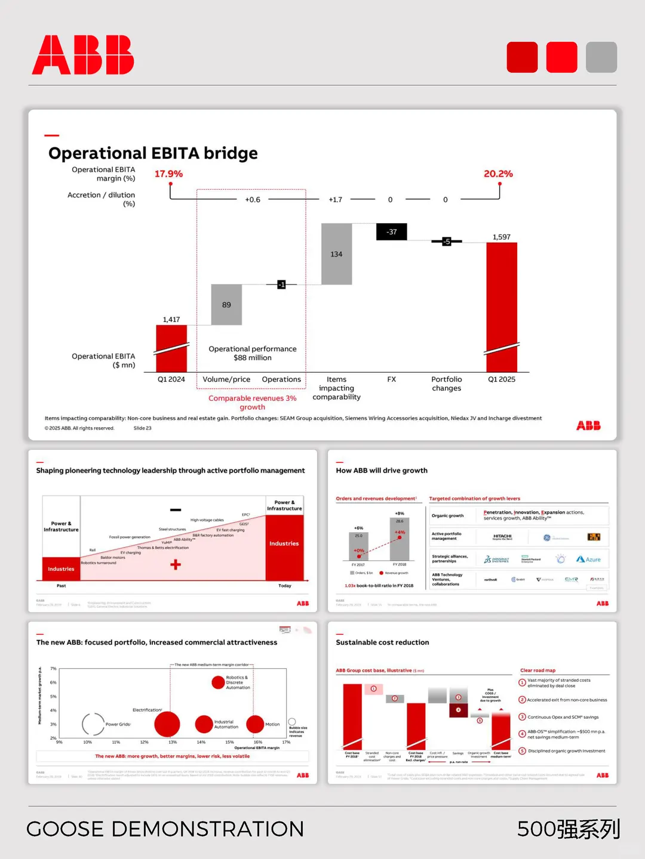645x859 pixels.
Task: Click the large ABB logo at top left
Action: pyautogui.click(x=83, y=55)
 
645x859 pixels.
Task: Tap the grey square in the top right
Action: pyautogui.click(x=601, y=57)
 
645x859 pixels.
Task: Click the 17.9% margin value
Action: pyautogui.click(x=168, y=174)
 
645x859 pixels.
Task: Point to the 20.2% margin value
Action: pyautogui.click(x=498, y=174)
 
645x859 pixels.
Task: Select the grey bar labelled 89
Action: pyautogui.click(x=226, y=305)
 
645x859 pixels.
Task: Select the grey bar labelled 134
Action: pyautogui.click(x=336, y=254)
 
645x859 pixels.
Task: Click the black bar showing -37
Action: pyautogui.click(x=391, y=231)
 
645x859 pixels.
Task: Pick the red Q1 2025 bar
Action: pyautogui.click(x=502, y=307)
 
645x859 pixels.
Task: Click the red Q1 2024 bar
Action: pyautogui.click(x=171, y=348)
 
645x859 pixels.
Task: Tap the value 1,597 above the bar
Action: pyautogui.click(x=502, y=237)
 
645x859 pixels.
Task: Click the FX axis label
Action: pyautogui.click(x=391, y=379)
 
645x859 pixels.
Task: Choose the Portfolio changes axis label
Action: pyautogui.click(x=447, y=384)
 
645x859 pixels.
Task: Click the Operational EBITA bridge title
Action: pyautogui.click(x=153, y=153)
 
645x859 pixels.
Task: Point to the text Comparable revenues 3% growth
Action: pyautogui.click(x=252, y=403)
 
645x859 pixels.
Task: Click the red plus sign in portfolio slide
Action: pyautogui.click(x=176, y=564)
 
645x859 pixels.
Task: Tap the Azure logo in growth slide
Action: pyautogui.click(x=589, y=560)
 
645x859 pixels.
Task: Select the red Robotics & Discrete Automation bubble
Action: pyautogui.click(x=218, y=682)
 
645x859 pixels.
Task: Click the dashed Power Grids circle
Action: pyautogui.click(x=93, y=724)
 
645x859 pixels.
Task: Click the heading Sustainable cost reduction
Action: pyautogui.click(x=382, y=642)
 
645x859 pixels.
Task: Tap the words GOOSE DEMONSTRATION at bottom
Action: pyautogui.click(x=165, y=829)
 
